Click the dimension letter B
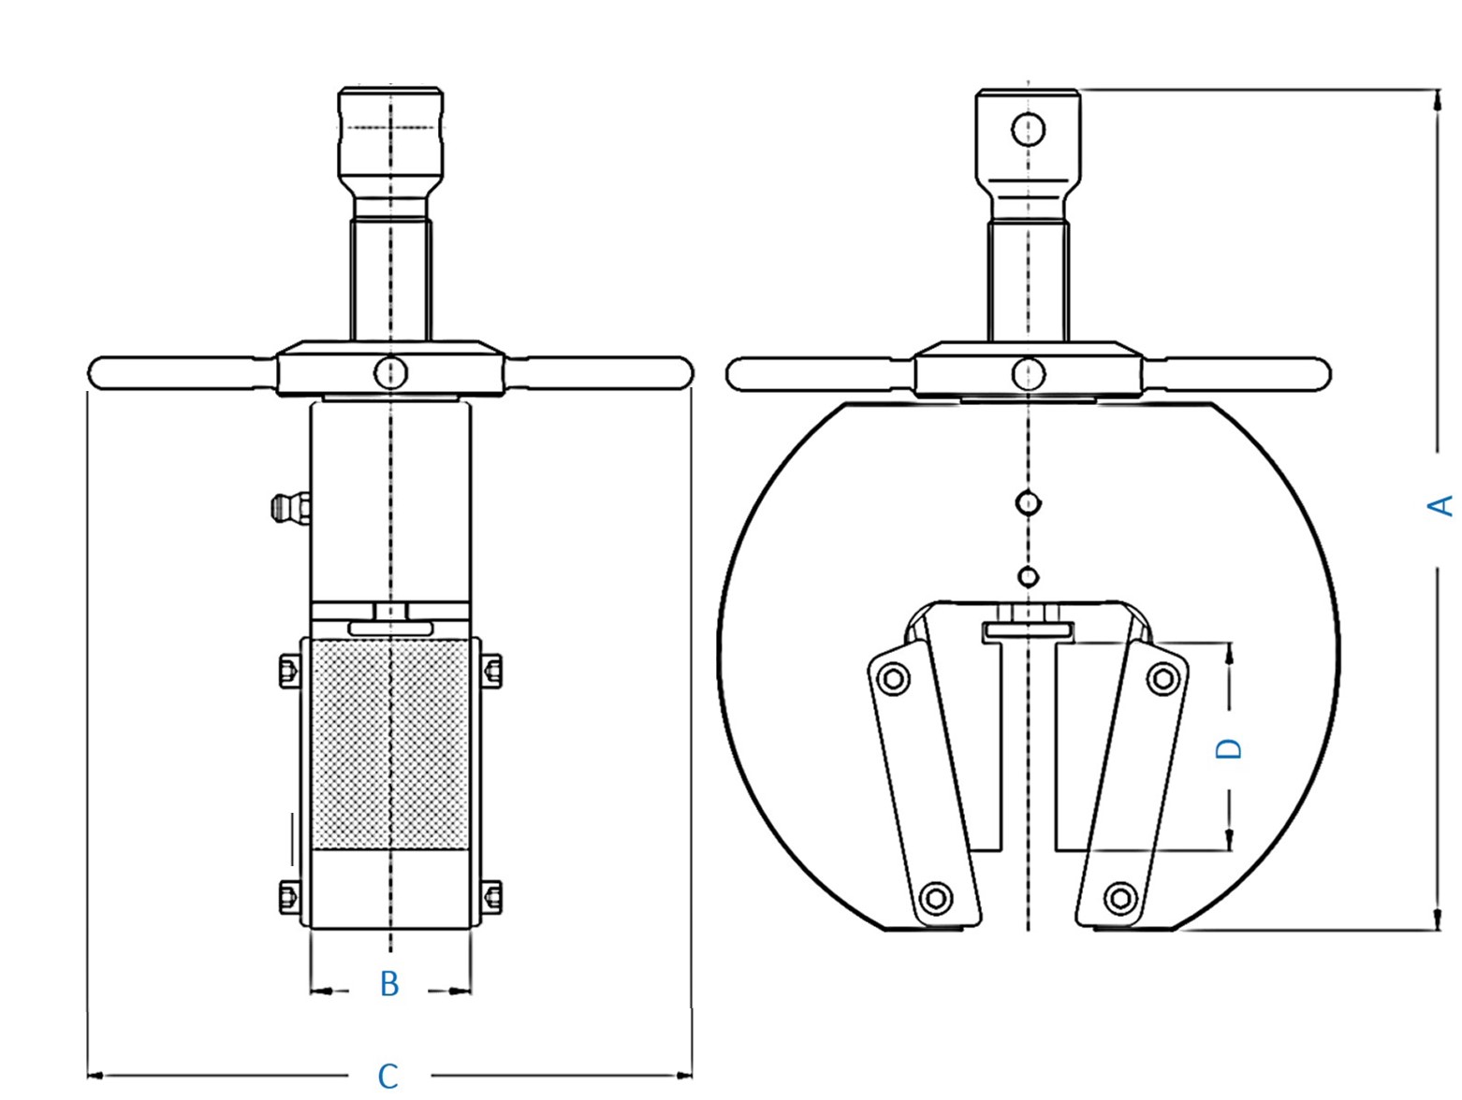tap(389, 983)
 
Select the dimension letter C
tap(387, 1076)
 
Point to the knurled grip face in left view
tap(390, 744)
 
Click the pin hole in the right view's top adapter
tap(1028, 129)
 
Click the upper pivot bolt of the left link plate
tap(893, 679)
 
